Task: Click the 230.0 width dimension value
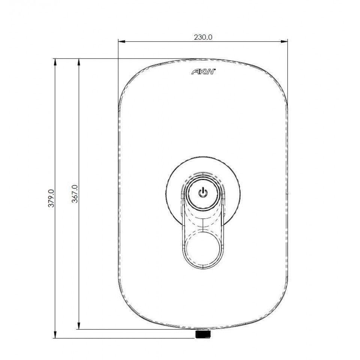[203, 37]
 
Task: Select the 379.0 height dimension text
[52, 198]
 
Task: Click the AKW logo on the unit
[203, 72]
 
